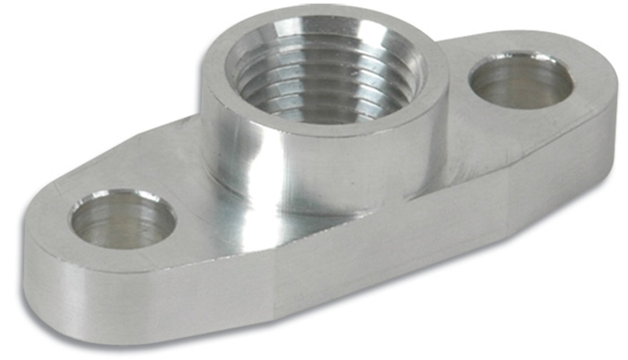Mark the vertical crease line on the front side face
[274, 293]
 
